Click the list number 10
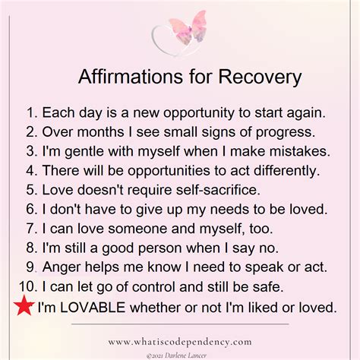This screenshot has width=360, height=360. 26,286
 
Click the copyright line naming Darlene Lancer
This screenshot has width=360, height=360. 181,353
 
